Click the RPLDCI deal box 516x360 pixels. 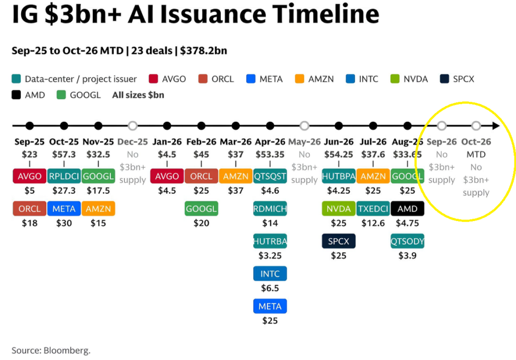pyautogui.click(x=64, y=176)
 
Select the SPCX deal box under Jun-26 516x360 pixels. pyautogui.click(x=339, y=241)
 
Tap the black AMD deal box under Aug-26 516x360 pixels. pyautogui.click(x=407, y=209)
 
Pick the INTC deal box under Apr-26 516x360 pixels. pyautogui.click(x=270, y=274)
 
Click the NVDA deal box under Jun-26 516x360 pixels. pyautogui.click(x=339, y=209)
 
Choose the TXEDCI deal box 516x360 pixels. pyautogui.click(x=373, y=209)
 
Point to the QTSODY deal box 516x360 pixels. pyautogui.click(x=407, y=241)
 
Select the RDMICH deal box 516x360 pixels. pyautogui.click(x=270, y=209)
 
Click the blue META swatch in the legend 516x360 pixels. pyautogui.click(x=251, y=79)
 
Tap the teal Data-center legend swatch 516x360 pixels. pyautogui.click(x=16, y=79)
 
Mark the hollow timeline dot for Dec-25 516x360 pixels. pyautogui.click(x=133, y=125)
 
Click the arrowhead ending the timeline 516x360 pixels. pyautogui.click(x=496, y=125)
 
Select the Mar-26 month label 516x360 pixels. pyautogui.click(x=236, y=141)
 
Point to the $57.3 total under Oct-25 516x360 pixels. pyautogui.click(x=64, y=154)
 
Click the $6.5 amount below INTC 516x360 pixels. pyautogui.click(x=270, y=289)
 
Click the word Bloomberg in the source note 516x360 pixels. pyautogui.click(x=67, y=350)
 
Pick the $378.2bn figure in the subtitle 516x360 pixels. pyautogui.click(x=204, y=51)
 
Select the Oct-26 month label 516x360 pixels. pyautogui.click(x=476, y=141)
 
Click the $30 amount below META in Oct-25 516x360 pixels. pyautogui.click(x=64, y=223)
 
